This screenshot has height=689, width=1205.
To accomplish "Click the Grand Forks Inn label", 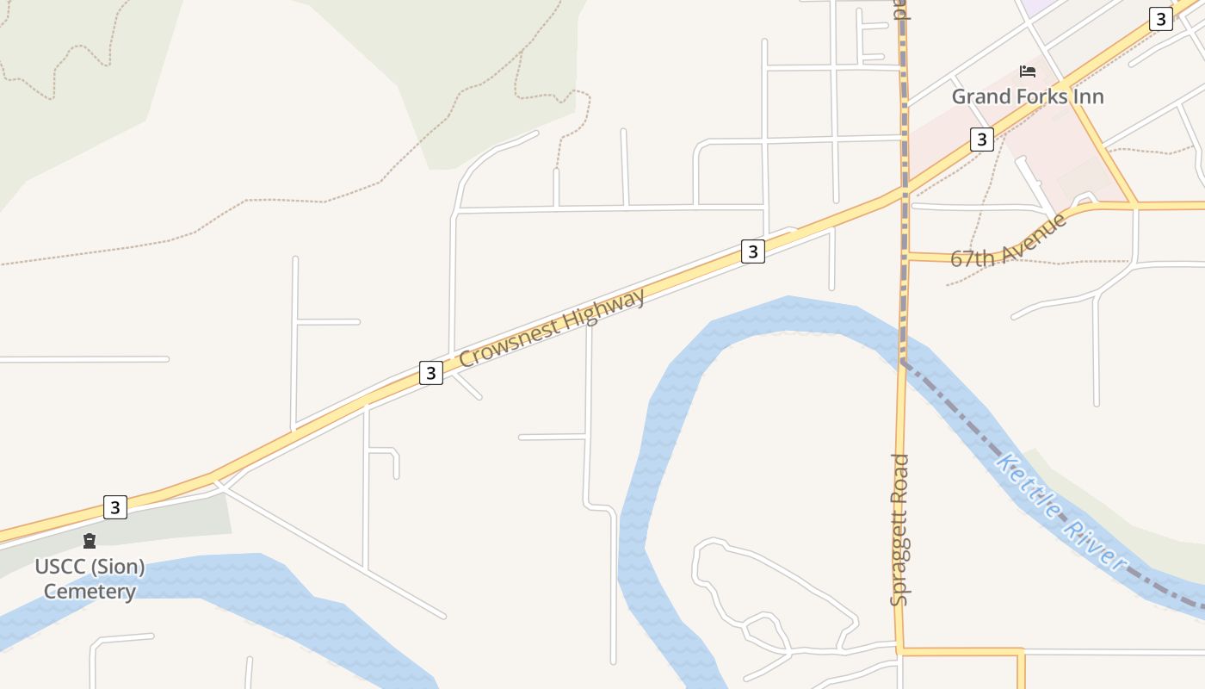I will pyautogui.click(x=1027, y=96).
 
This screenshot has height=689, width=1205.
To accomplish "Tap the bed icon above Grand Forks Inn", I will pyautogui.click(x=1027, y=71).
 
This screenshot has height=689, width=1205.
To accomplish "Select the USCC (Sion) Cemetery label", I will pyautogui.click(x=90, y=580).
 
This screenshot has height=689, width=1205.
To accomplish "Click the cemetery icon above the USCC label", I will pyautogui.click(x=90, y=541).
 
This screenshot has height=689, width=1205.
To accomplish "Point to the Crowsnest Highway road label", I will pyautogui.click(x=552, y=328).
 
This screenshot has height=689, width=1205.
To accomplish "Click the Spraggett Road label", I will pyautogui.click(x=899, y=530).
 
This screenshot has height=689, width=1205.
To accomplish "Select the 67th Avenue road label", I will pyautogui.click(x=1009, y=240).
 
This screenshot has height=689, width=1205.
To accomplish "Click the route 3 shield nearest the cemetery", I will pyautogui.click(x=115, y=506).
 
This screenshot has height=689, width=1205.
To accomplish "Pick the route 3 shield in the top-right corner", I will pyautogui.click(x=1161, y=19).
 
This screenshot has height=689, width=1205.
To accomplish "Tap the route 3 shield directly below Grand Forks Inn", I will pyautogui.click(x=982, y=139).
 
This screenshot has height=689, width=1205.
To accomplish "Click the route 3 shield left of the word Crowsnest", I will pyautogui.click(x=431, y=373).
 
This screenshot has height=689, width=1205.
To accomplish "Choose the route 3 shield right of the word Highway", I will pyautogui.click(x=753, y=251).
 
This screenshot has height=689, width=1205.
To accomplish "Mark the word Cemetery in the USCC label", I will pyautogui.click(x=90, y=592).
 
